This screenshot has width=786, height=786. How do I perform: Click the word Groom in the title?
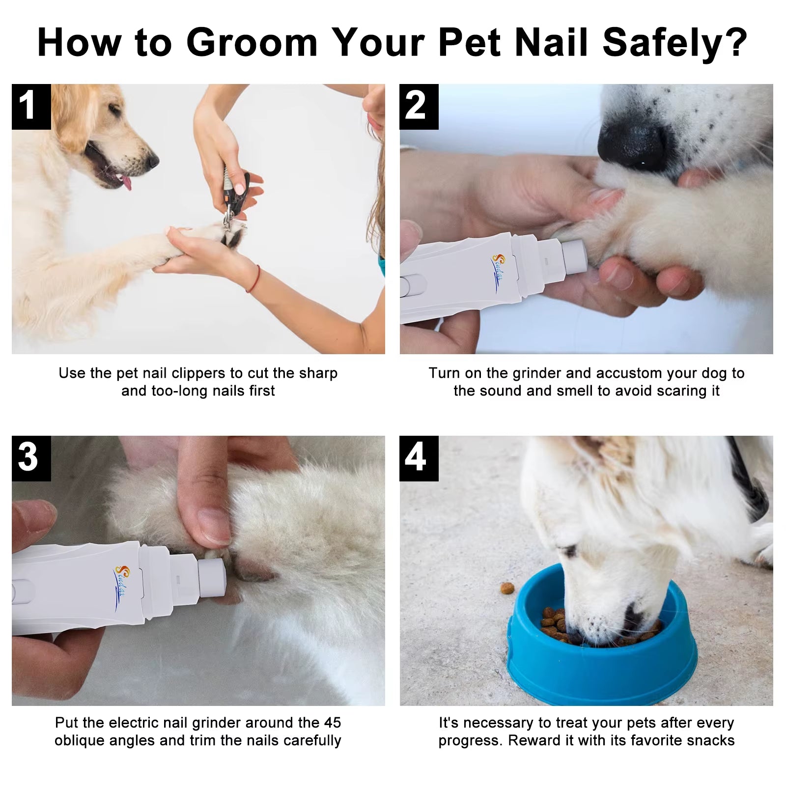pos(252,43)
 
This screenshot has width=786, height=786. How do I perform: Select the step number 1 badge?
pos(31,107)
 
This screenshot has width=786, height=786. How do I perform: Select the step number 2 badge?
pos(419,107)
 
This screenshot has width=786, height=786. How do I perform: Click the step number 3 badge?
pos(31,458)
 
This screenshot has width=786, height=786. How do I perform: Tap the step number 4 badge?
pos(419,458)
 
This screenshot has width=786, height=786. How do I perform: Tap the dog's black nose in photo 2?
pos(634,142)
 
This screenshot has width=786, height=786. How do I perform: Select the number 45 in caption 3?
pos(332,723)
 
